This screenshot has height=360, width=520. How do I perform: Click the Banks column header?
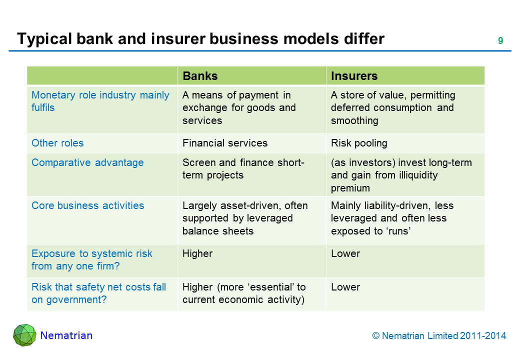tap(200, 76)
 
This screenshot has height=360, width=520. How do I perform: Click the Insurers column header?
tap(354, 76)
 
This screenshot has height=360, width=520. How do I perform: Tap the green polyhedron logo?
tap(24, 335)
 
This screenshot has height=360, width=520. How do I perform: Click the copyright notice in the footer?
tap(439, 336)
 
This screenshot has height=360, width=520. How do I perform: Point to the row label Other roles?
tap(57, 143)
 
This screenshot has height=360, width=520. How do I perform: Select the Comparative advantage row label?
tap(87, 162)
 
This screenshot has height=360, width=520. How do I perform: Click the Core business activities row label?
tap(87, 205)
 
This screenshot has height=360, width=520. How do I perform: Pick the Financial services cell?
tap(225, 143)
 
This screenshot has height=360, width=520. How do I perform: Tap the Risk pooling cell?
tap(359, 143)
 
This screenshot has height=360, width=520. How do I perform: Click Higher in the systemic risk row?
tap(197, 253)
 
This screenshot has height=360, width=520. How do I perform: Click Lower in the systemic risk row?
tap(345, 253)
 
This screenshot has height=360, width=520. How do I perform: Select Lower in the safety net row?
tap(345, 287)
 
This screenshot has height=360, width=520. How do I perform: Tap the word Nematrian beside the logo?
tap(66, 335)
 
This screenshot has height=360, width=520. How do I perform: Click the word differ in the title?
tap(358, 38)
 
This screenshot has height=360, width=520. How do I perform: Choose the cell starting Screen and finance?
tap(243, 169)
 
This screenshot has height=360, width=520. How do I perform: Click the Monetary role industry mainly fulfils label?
tap(100, 101)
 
